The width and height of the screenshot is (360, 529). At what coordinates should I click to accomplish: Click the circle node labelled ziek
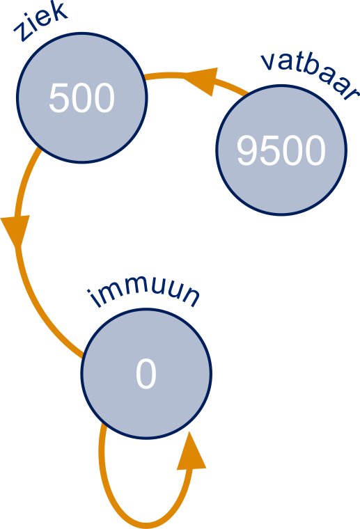[82, 98]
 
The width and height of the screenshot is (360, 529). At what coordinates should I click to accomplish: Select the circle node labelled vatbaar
[281, 150]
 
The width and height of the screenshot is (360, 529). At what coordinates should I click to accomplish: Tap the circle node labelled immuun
[146, 374]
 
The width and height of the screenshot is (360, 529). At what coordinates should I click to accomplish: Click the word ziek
[41, 22]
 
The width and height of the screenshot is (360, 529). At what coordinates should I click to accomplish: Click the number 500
[82, 98]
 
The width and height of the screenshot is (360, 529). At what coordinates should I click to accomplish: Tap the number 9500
[281, 150]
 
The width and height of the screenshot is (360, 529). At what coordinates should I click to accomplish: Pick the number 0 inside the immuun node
[146, 374]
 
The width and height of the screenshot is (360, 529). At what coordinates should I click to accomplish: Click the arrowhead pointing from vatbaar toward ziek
[202, 81]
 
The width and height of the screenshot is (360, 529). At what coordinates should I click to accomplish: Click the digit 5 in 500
[59, 98]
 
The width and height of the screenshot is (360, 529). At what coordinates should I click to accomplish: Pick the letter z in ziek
[22, 33]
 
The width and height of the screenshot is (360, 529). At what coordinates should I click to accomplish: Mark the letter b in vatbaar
[309, 70]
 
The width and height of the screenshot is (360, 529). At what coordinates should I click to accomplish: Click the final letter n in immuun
[190, 298]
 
